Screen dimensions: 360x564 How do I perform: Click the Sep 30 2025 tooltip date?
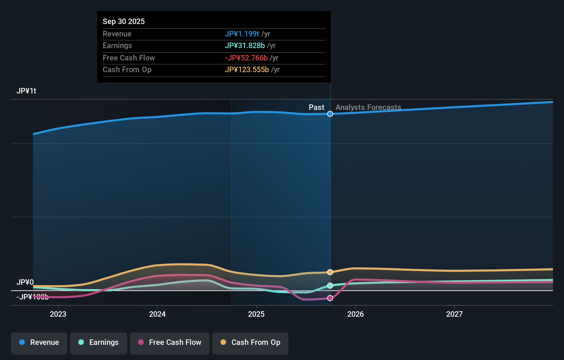coord(124,21)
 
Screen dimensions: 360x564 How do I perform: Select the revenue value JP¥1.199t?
coord(242,34)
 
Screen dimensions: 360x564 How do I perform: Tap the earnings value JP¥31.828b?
coord(245,46)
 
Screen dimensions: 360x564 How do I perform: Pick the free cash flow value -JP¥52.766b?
coord(246,58)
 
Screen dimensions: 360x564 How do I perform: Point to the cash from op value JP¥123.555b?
coord(247,70)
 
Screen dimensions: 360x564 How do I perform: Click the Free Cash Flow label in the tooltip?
coord(129,58)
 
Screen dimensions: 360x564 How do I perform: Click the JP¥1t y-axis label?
coord(26,91)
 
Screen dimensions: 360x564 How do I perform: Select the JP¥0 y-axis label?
coord(25,282)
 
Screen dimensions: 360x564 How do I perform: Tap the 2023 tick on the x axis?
coord(58,314)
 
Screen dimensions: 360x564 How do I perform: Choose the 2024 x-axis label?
coord(157,314)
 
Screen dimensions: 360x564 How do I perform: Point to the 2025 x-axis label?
coord(256,314)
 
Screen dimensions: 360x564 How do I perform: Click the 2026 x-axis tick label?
coord(355,314)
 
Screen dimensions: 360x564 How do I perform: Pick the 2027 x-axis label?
coord(454,314)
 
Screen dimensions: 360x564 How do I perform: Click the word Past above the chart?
coord(316,107)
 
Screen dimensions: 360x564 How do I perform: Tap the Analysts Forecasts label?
coord(368,107)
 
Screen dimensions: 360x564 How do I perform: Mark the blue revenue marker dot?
coord(330,114)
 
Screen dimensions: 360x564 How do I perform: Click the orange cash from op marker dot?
coord(330,272)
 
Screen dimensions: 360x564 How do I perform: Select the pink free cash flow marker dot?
coord(330,298)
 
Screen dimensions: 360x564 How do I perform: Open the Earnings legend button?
coord(99,342)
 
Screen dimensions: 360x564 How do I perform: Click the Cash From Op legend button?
coord(250,342)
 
